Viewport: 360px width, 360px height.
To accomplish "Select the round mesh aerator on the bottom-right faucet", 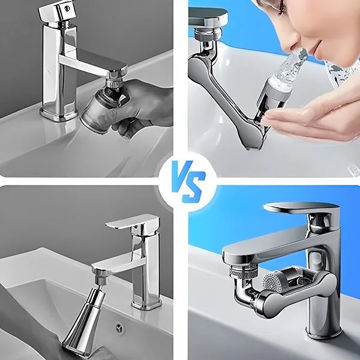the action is (x=271, y=282).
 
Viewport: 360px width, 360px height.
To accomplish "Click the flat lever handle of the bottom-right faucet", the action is (x=301, y=208).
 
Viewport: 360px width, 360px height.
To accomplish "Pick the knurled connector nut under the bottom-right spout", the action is (x=244, y=271).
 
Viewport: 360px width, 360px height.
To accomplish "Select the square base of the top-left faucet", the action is (x=59, y=113).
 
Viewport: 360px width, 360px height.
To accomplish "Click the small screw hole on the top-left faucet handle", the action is (x=67, y=8).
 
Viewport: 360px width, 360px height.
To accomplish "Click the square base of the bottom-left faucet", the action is (x=146, y=304).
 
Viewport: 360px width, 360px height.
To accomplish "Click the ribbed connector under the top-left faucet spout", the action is (x=113, y=83).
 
